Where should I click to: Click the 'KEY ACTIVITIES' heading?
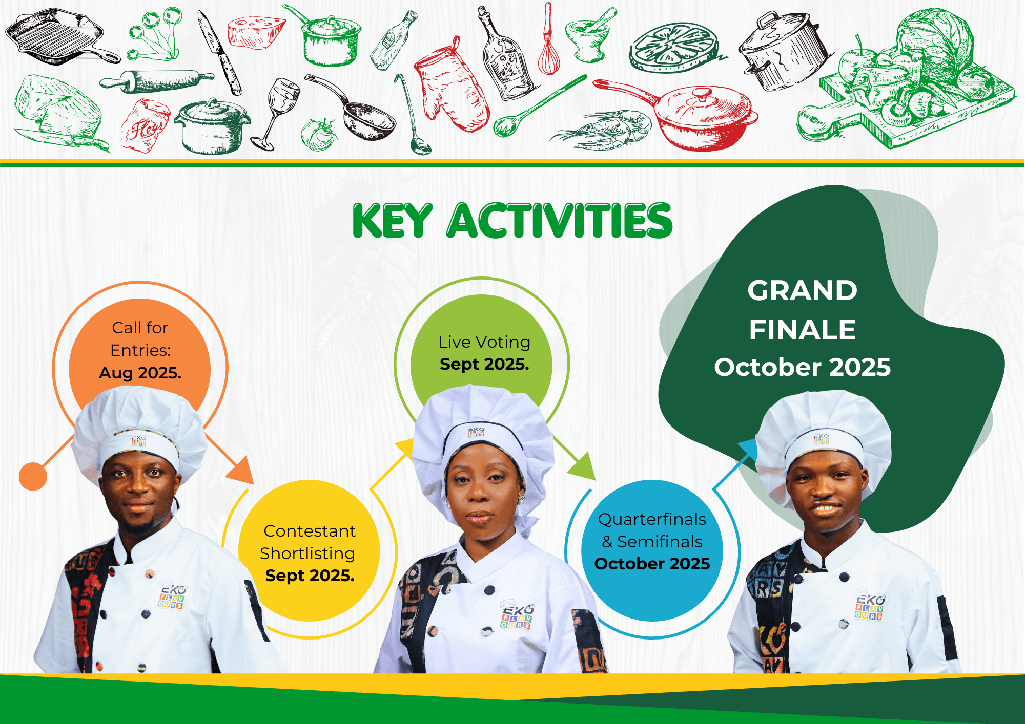tap(512, 221)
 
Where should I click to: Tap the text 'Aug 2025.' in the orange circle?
tap(140, 373)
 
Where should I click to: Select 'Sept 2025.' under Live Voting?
tap(484, 364)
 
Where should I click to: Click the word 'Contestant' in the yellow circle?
tap(310, 531)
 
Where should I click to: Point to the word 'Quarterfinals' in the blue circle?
tap(652, 519)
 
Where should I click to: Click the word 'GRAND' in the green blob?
tap(802, 290)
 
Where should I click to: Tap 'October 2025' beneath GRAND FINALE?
tap(803, 367)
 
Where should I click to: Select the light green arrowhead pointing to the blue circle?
tap(583, 466)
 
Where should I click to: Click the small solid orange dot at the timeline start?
tap(33, 476)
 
